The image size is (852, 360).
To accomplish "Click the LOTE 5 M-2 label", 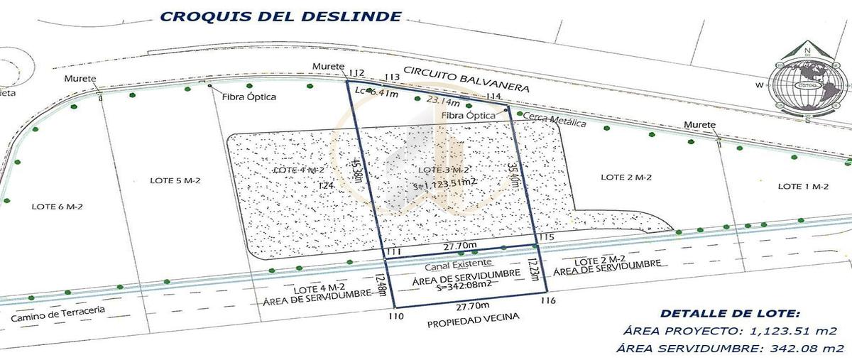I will tap(175, 180).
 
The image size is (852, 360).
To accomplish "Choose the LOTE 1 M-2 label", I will tap(804, 186).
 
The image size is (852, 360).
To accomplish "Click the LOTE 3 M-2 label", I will tap(443, 170).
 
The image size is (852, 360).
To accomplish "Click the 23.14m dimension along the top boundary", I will tap(441, 102).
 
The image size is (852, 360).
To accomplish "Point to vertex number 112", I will tap(356, 72).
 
